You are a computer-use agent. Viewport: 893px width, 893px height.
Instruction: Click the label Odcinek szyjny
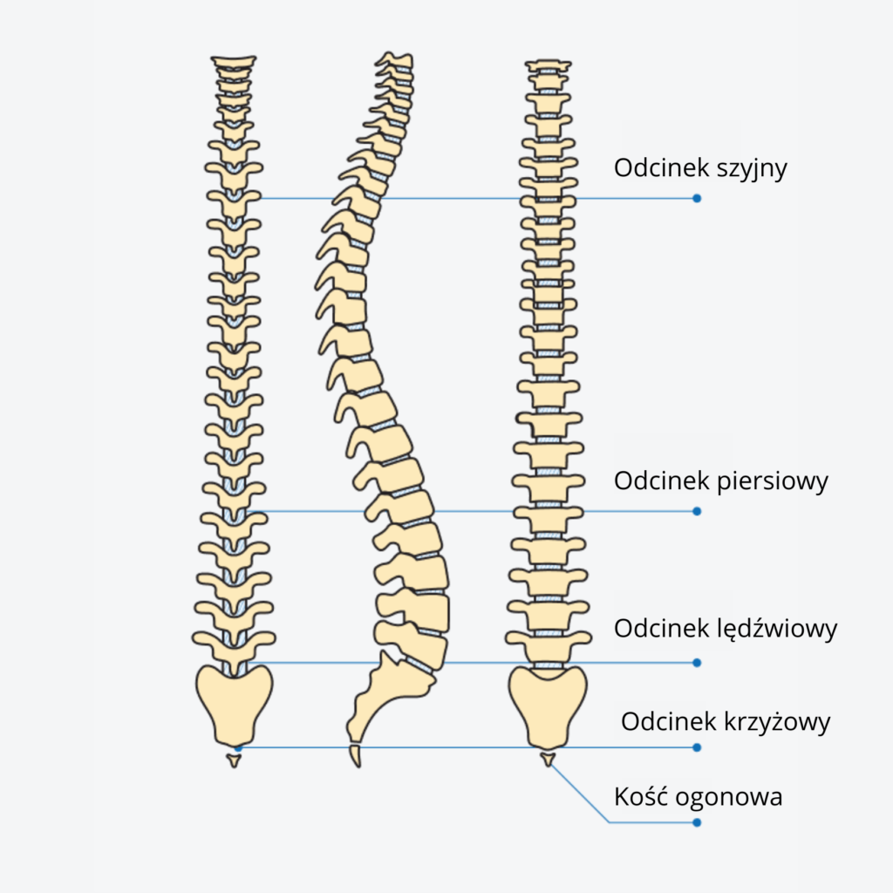click(x=700, y=168)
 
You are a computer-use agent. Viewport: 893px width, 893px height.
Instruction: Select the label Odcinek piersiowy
click(x=720, y=481)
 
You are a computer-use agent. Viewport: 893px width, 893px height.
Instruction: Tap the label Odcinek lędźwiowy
click(x=726, y=629)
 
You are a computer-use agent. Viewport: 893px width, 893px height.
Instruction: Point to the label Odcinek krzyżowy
click(x=726, y=722)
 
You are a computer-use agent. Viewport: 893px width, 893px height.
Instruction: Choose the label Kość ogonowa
click(x=699, y=796)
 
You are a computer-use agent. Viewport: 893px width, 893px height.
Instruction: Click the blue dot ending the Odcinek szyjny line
click(x=697, y=199)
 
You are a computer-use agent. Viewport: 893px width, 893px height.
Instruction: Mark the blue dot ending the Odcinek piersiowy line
click(x=697, y=511)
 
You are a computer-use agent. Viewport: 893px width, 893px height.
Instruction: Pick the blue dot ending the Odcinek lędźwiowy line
click(x=697, y=663)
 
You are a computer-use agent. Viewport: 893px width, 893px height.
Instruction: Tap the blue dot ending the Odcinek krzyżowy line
click(x=697, y=747)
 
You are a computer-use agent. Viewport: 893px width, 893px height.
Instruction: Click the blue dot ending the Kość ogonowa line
click(x=697, y=821)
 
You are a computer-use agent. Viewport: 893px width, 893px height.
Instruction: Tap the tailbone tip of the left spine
click(x=233, y=760)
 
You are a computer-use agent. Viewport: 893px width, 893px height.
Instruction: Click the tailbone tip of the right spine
click(x=548, y=760)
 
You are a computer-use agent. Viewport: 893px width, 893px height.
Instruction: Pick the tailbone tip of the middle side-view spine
click(x=355, y=755)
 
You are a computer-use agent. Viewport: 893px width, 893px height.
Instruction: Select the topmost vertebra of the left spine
click(x=234, y=62)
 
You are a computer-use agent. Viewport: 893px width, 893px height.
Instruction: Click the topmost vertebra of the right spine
click(x=548, y=65)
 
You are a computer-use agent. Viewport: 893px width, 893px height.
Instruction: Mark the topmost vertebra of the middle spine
click(x=395, y=59)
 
